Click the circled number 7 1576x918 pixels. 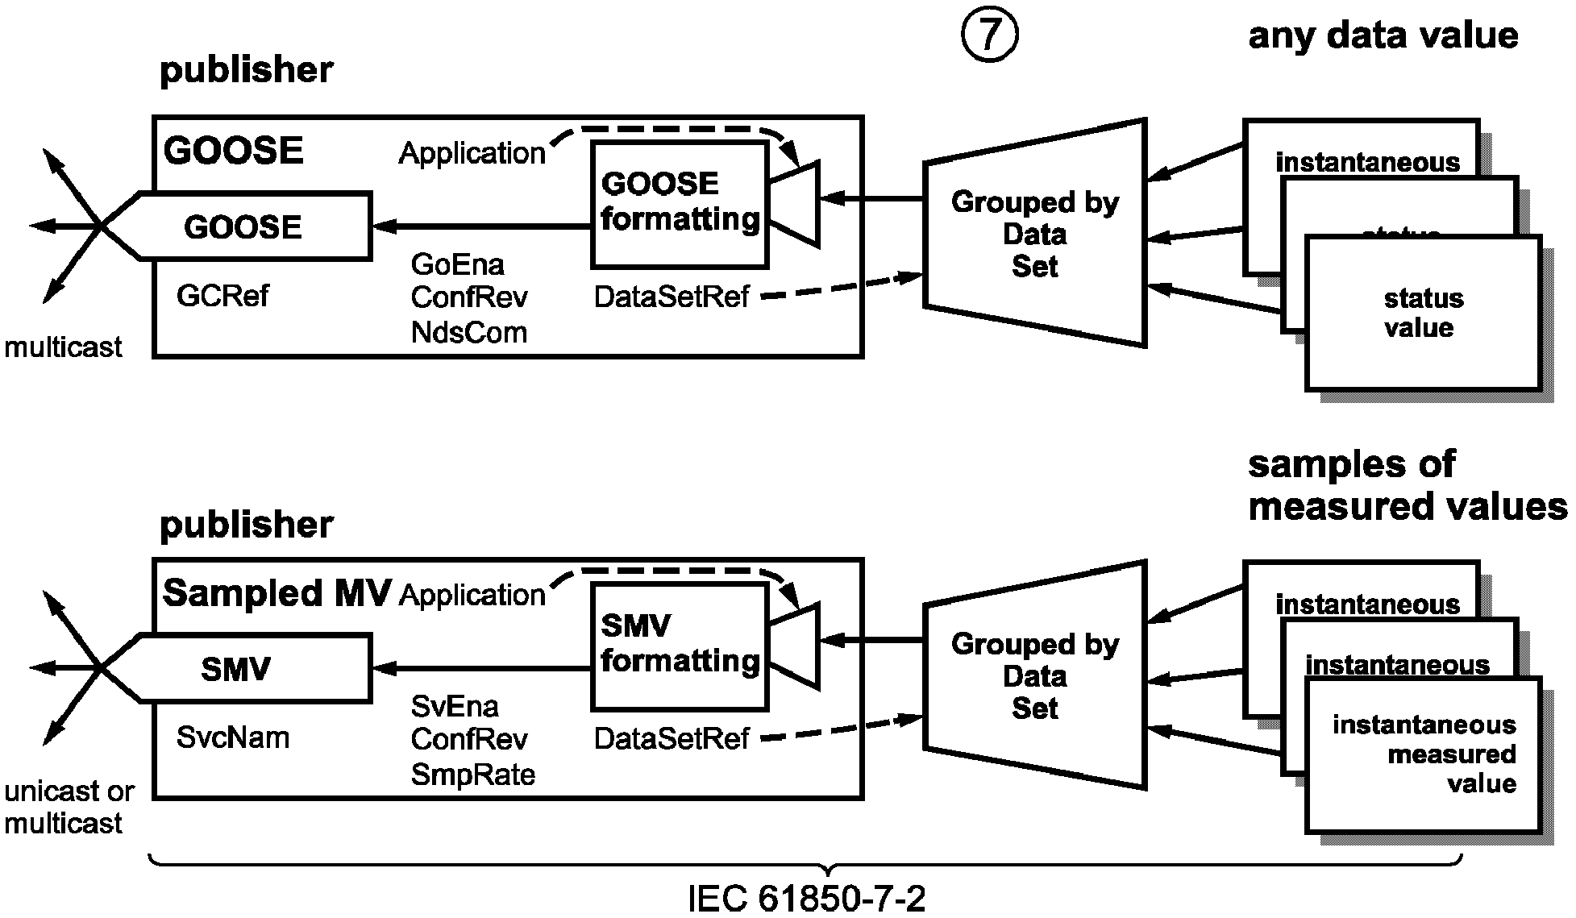click(989, 36)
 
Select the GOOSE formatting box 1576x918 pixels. click(680, 204)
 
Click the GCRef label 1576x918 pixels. click(222, 296)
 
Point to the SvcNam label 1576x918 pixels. click(232, 737)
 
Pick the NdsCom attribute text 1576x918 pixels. click(468, 332)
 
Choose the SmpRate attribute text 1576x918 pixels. click(472, 775)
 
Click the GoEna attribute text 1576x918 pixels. click(457, 264)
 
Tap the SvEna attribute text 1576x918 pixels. click(455, 706)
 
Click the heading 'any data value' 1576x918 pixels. click(1383, 36)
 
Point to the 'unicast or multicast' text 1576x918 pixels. click(68, 807)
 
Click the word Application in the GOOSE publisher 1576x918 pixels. click(472, 153)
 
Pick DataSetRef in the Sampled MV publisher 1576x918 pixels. click(672, 738)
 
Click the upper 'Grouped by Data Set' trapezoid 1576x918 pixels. click(1035, 234)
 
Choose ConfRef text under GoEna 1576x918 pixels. click(468, 297)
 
